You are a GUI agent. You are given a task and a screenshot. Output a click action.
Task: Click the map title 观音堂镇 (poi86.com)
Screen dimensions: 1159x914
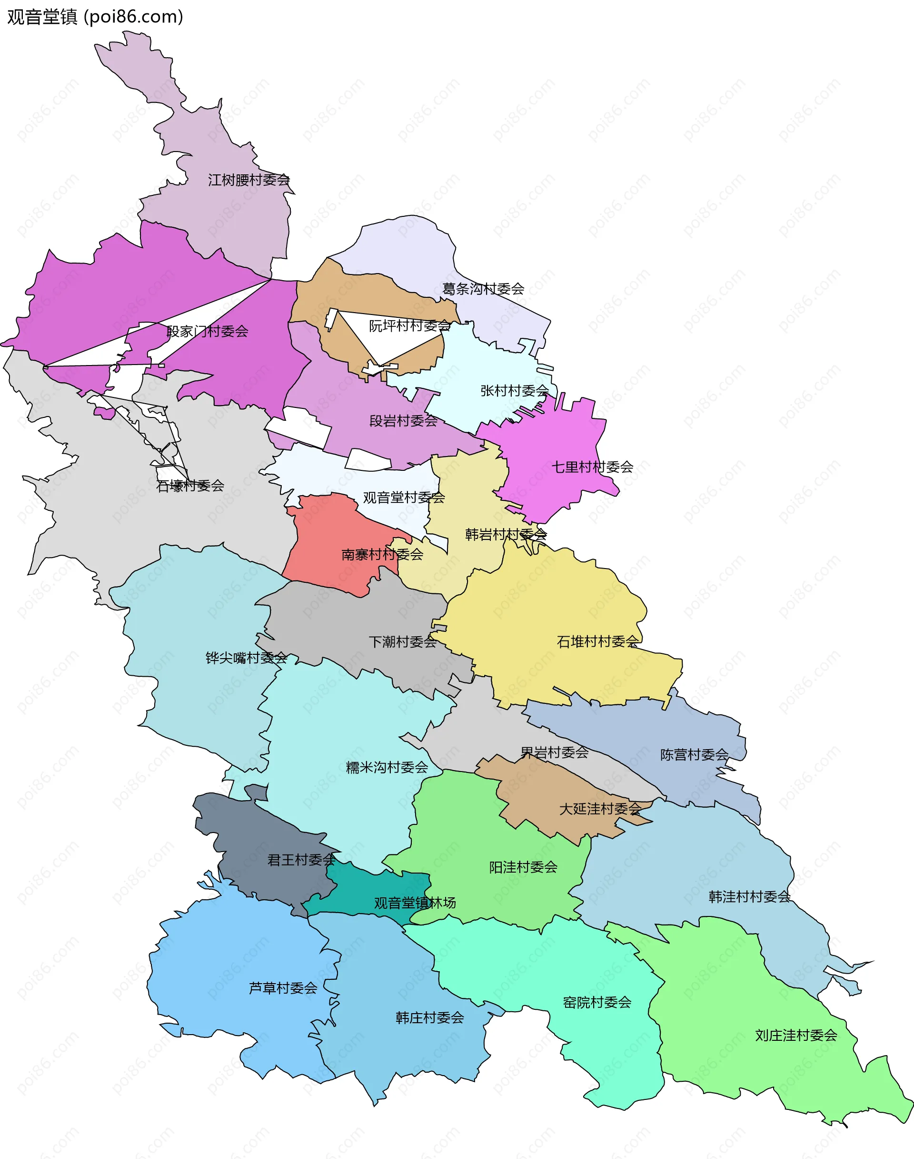(x=95, y=17)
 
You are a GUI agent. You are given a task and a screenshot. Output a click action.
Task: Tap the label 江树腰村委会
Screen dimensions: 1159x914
(x=249, y=180)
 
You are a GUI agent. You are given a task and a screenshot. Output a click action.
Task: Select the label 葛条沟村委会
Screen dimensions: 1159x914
(x=483, y=289)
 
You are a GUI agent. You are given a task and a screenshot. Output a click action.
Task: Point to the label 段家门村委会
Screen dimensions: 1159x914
(x=207, y=332)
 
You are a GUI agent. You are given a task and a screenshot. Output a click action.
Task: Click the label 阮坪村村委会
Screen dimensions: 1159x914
(x=409, y=325)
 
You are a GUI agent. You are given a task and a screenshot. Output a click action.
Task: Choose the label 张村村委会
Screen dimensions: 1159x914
(x=514, y=390)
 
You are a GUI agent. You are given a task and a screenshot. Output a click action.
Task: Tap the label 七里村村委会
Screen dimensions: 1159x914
(x=592, y=467)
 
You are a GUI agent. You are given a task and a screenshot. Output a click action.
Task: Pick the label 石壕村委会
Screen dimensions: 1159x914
(x=190, y=486)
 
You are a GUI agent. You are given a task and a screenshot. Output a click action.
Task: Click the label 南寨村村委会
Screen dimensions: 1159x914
(x=382, y=554)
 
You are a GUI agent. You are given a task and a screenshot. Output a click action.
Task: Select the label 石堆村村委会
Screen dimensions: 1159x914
(x=598, y=641)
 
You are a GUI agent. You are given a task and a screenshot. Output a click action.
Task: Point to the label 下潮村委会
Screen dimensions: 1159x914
(x=402, y=641)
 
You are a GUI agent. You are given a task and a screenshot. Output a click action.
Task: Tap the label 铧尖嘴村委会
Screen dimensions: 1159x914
(x=246, y=658)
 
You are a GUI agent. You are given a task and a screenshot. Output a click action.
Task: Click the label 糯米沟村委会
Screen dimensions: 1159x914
(x=387, y=767)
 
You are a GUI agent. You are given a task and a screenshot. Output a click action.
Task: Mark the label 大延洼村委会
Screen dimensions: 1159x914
(x=600, y=809)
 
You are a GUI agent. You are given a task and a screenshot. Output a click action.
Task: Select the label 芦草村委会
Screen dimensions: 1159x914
(x=283, y=987)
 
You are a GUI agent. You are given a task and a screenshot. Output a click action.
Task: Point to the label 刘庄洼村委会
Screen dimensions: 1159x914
(x=796, y=1035)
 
